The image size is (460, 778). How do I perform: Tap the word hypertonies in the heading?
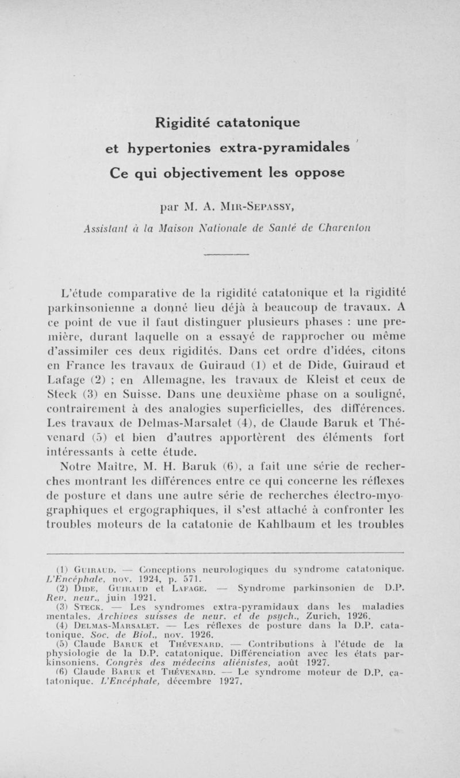click(x=170, y=148)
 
